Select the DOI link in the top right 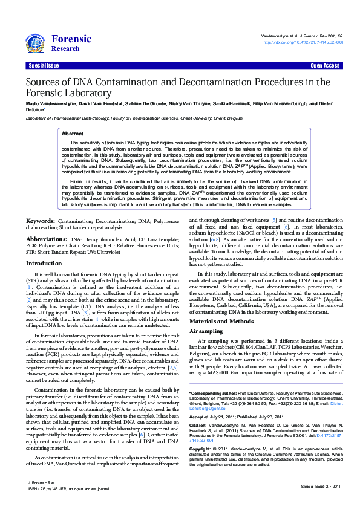coord(303,42)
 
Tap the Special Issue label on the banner coord(44,65)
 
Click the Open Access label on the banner coord(325,65)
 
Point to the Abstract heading coord(73,133)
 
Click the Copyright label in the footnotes coord(201,449)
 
